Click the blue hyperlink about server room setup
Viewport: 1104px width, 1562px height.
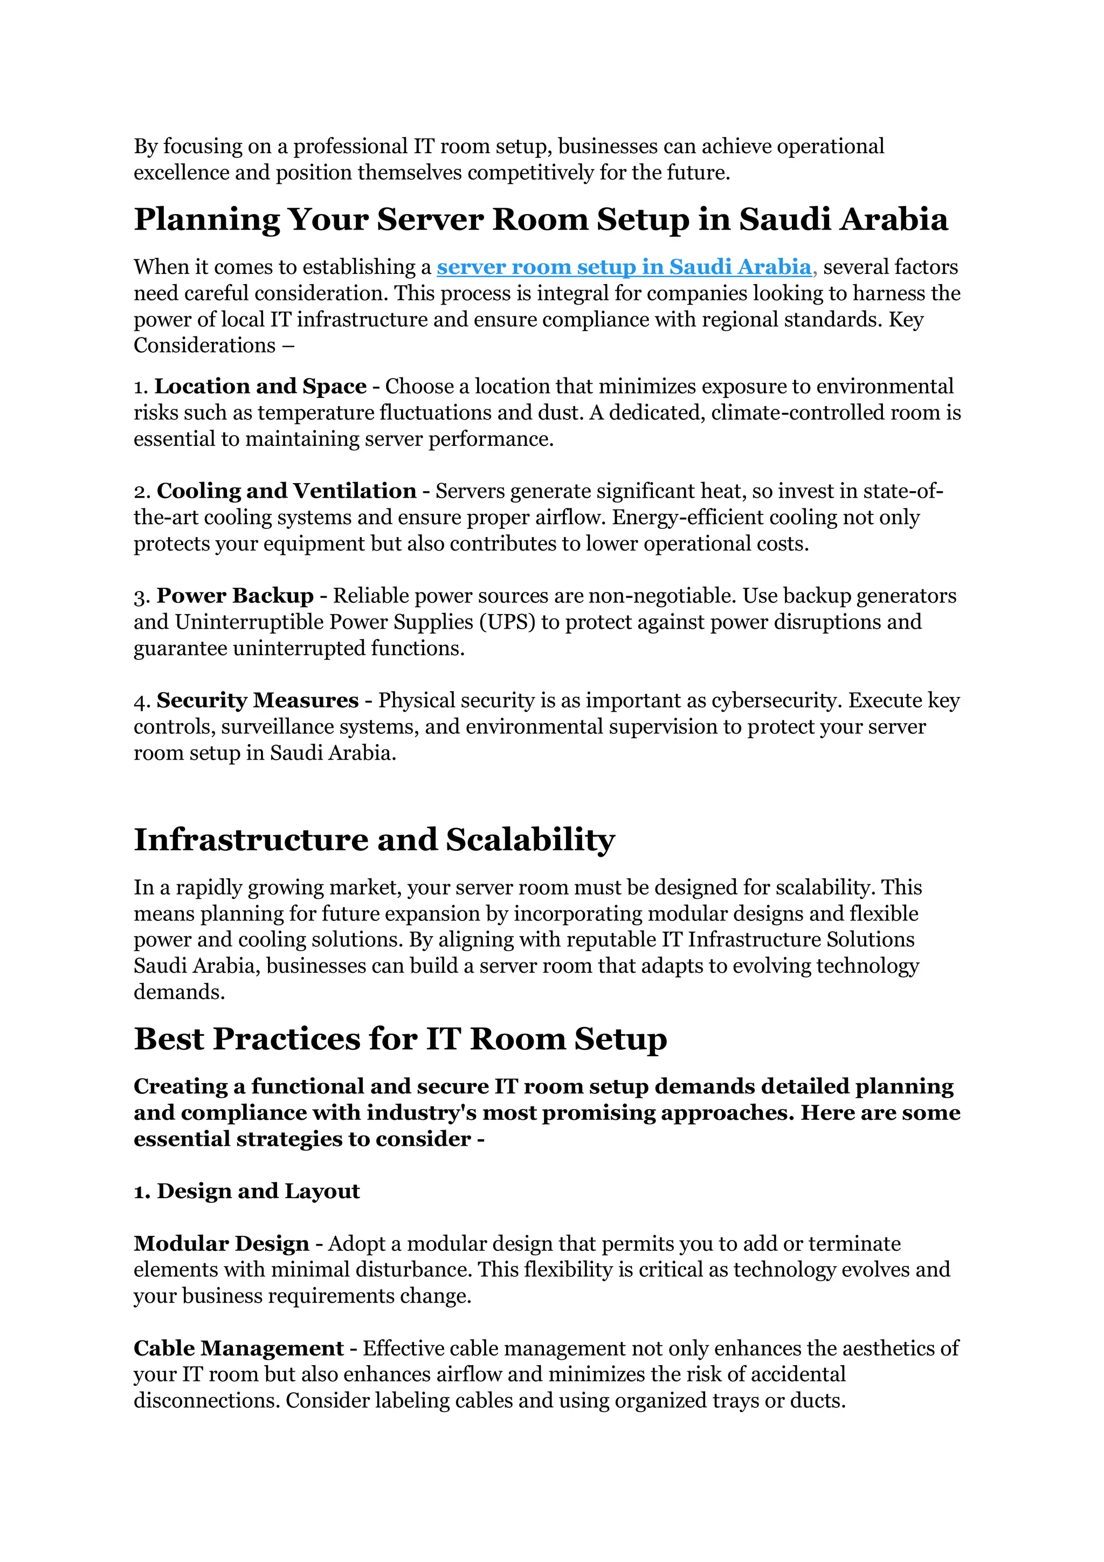point(623,267)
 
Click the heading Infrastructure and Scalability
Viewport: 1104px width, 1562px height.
point(374,839)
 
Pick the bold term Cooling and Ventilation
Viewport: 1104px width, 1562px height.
point(286,491)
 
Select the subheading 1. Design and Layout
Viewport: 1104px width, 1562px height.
point(246,1191)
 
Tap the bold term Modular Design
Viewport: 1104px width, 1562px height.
point(221,1243)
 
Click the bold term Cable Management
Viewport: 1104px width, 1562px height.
point(238,1348)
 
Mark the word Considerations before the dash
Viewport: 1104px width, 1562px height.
point(204,346)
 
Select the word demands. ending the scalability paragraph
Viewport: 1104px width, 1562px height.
point(179,992)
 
